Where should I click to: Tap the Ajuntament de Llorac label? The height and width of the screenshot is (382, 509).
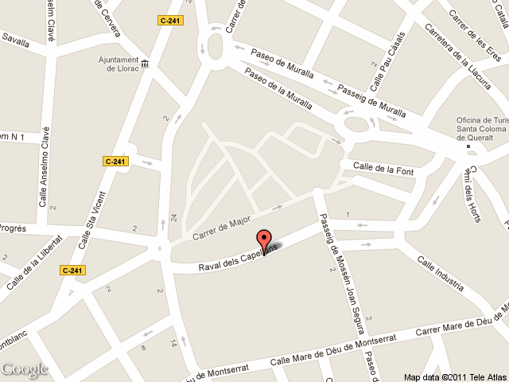119,64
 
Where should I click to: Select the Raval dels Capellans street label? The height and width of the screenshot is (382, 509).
238,256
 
